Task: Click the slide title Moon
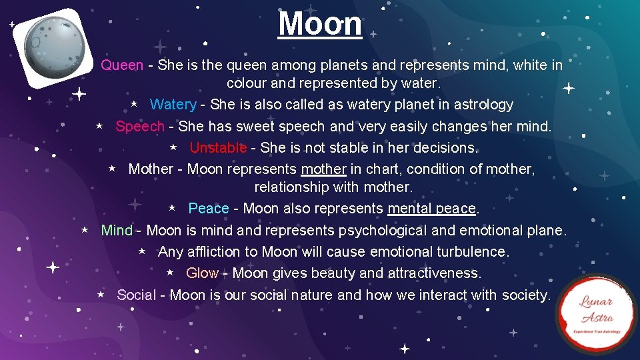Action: (320, 24)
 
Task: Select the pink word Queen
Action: (122, 65)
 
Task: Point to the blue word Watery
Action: (173, 105)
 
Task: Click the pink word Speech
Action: (140, 126)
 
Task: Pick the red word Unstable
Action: (218, 147)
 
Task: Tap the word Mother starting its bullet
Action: (151, 169)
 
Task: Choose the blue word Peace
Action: (209, 209)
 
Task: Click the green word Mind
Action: (117, 231)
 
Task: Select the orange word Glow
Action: (203, 273)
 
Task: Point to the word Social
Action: (137, 295)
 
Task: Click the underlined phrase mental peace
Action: (432, 209)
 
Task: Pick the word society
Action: (524, 295)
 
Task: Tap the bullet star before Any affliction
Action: (142, 251)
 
